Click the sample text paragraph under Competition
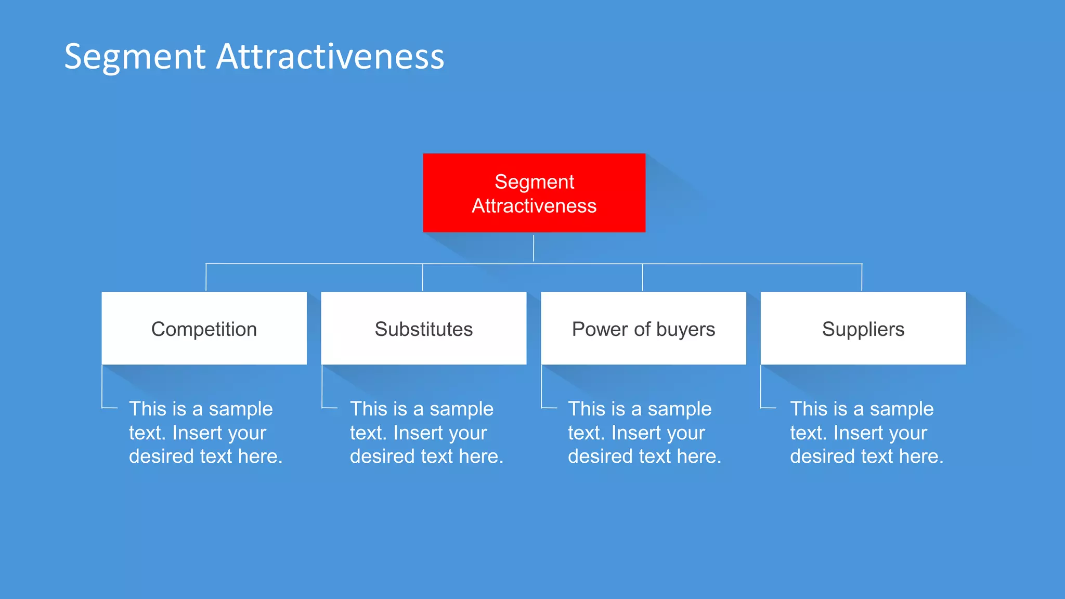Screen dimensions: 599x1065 (205, 433)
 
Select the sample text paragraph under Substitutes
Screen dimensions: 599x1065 (426, 433)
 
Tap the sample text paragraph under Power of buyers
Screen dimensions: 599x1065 (644, 433)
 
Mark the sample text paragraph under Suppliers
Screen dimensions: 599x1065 (866, 433)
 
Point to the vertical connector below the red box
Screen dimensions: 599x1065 (534, 248)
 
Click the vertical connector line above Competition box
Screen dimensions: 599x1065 (206, 277)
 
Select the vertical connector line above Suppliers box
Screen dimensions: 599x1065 (862, 277)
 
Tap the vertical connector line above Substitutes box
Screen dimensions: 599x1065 (423, 277)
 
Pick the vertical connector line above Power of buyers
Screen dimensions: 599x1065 (643, 277)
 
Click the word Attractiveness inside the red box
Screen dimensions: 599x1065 (534, 206)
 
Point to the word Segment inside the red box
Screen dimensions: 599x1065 (534, 182)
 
